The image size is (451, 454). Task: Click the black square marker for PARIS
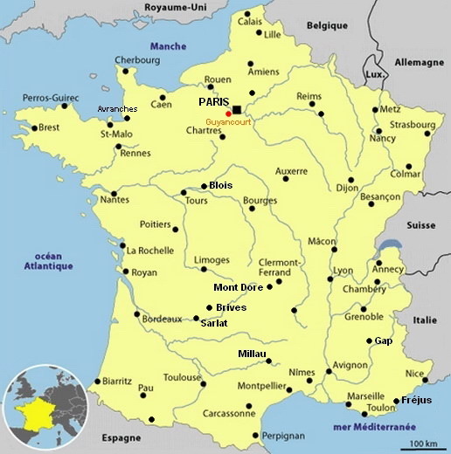click(237, 109)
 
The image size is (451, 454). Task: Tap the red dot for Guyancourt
click(228, 113)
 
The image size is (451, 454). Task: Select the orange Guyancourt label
click(227, 122)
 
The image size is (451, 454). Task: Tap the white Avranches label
click(117, 108)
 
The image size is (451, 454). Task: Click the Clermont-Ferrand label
click(280, 266)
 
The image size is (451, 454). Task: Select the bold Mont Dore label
click(239, 287)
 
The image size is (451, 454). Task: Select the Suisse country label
click(420, 224)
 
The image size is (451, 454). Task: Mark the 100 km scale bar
click(424, 443)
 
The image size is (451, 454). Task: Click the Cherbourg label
click(138, 60)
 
